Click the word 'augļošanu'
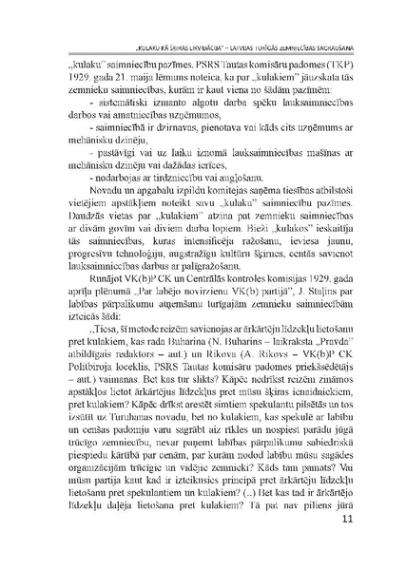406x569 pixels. click(x=221, y=175)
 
